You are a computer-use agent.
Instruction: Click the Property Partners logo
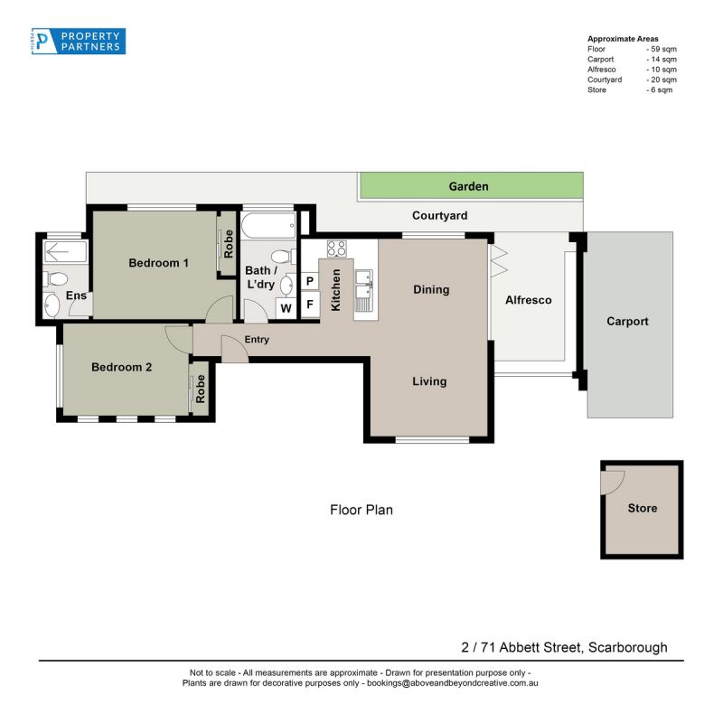(x=79, y=41)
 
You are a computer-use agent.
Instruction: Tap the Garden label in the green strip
(x=468, y=186)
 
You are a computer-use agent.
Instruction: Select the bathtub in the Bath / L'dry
(x=268, y=225)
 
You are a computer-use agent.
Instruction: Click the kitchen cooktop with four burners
(x=336, y=249)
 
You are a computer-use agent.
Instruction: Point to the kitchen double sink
(x=364, y=290)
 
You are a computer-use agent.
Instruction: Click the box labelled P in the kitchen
(x=310, y=281)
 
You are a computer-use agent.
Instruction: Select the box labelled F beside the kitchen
(x=310, y=305)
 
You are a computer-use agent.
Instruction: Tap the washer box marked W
(x=286, y=308)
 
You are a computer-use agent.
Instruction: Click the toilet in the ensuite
(x=56, y=279)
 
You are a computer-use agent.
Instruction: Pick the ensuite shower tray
(x=65, y=252)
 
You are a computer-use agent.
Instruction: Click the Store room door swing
(x=614, y=483)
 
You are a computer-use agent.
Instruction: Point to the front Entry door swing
(x=235, y=349)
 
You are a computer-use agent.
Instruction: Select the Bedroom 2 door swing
(x=179, y=340)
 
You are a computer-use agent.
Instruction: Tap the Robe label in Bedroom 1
(x=229, y=244)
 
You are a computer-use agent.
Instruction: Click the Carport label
(x=627, y=322)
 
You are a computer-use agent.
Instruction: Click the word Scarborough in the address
(x=627, y=647)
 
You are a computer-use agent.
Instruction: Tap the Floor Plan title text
(x=361, y=510)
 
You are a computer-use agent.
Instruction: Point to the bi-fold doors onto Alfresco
(x=498, y=261)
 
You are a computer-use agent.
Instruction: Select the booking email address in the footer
(x=453, y=683)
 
